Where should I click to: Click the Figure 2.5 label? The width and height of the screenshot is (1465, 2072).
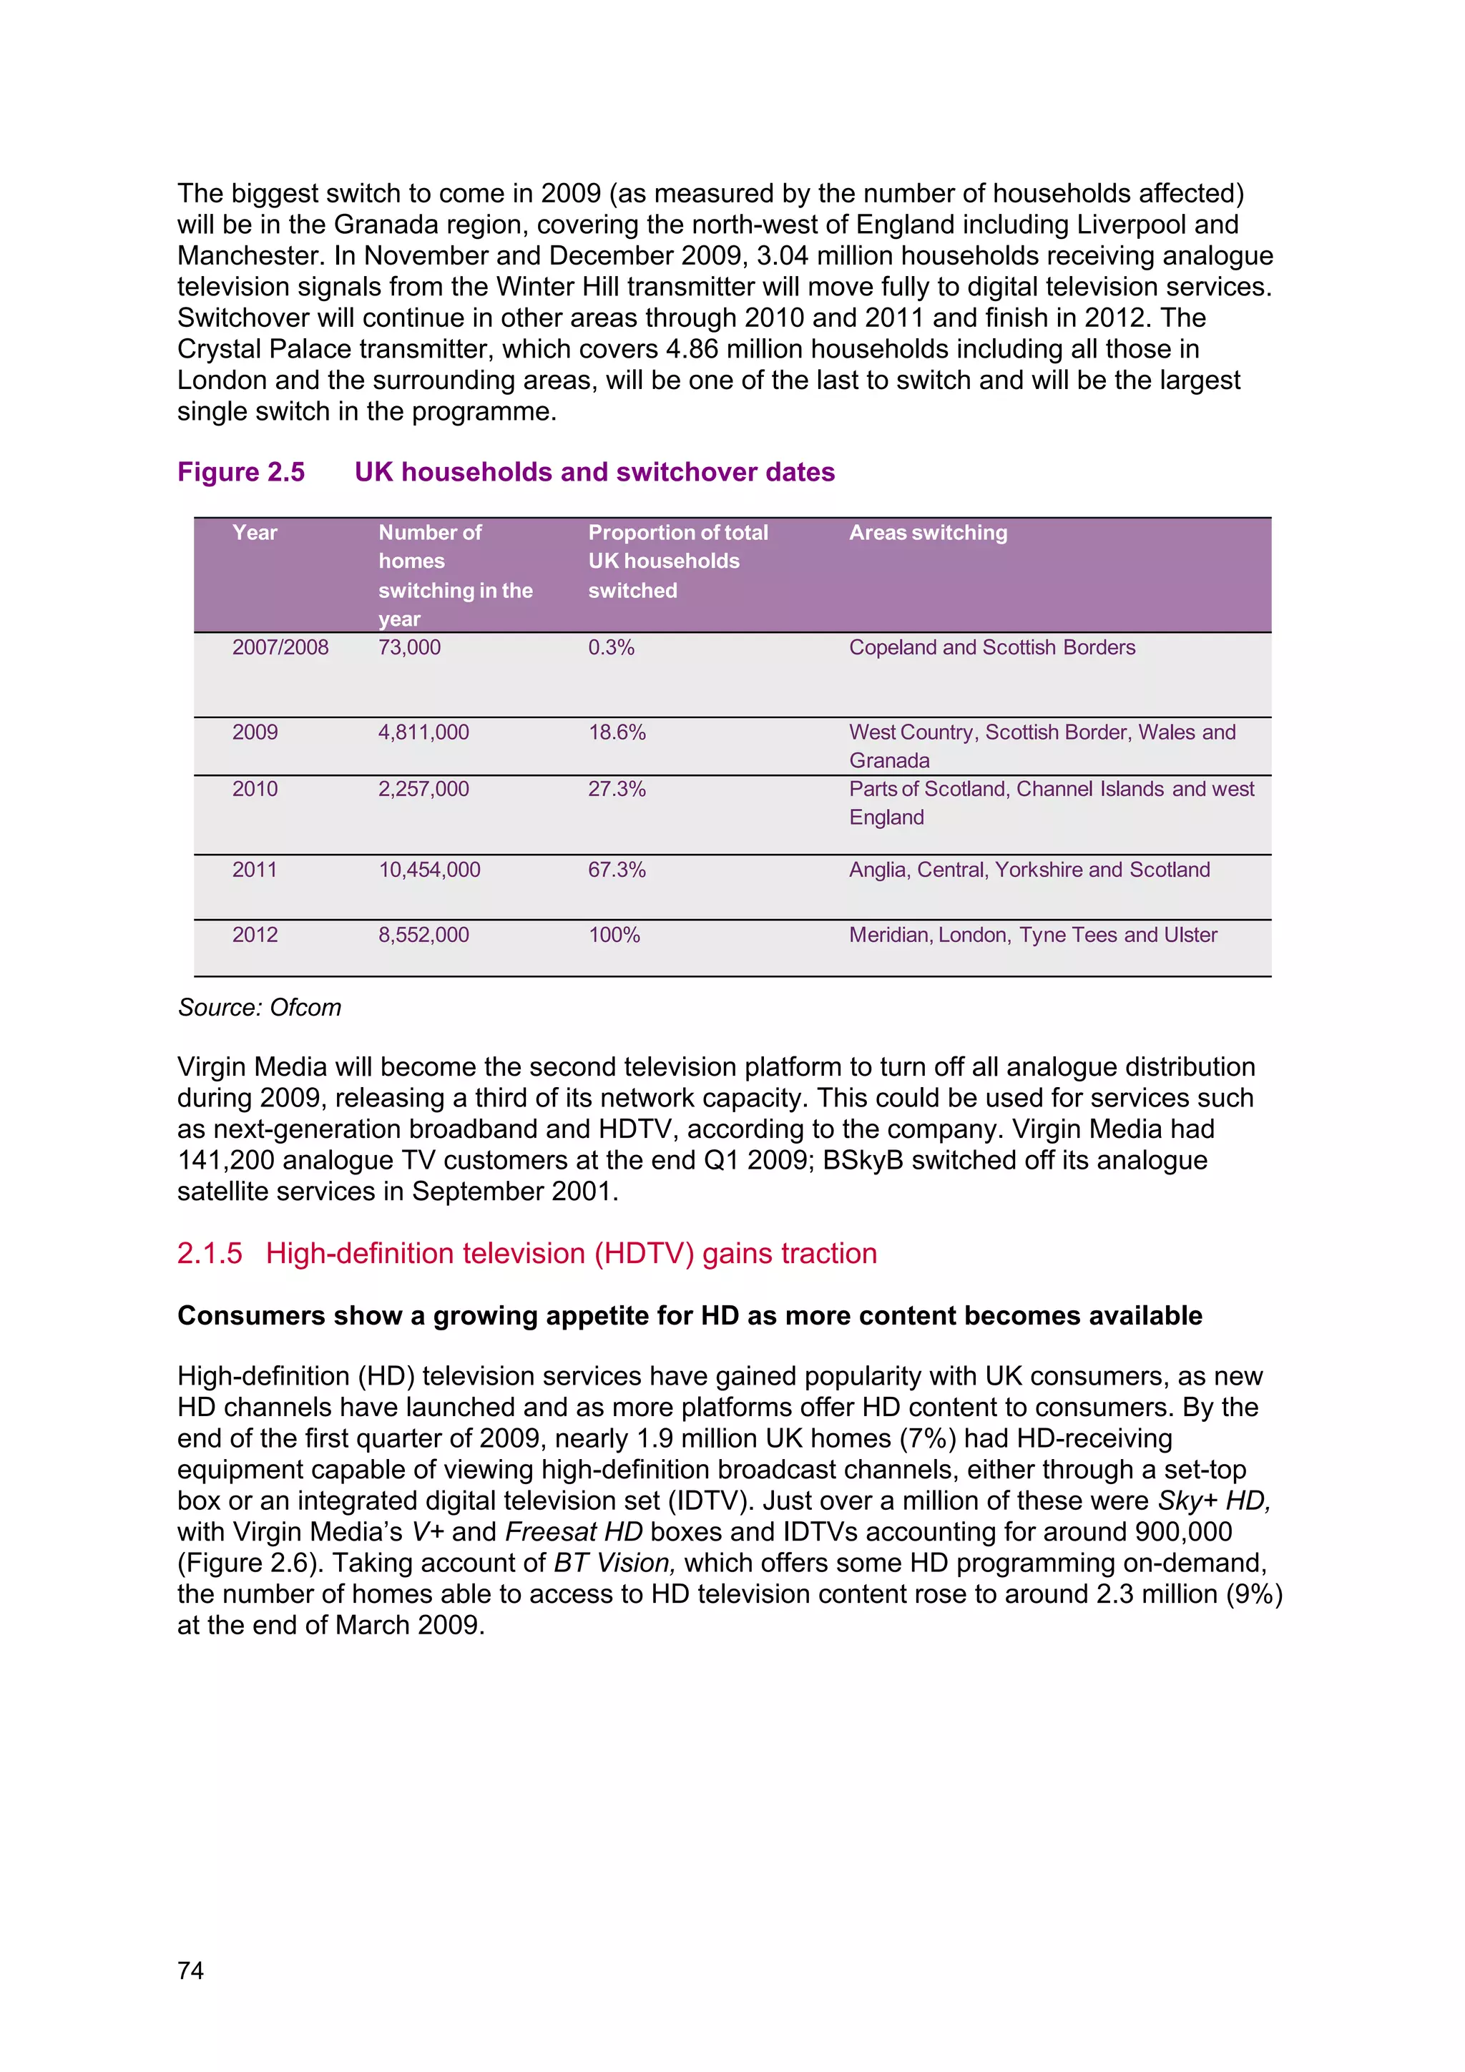point(241,472)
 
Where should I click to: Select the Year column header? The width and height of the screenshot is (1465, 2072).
point(255,532)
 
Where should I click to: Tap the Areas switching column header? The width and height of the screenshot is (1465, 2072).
point(928,532)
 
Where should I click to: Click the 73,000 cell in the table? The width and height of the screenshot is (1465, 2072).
point(409,647)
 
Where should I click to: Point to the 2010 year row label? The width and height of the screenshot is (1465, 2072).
point(255,789)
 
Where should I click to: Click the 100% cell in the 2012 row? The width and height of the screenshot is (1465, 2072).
point(614,935)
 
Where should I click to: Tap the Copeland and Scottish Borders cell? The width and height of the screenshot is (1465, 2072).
point(991,647)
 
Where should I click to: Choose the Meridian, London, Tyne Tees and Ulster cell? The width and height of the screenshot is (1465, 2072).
point(1033,935)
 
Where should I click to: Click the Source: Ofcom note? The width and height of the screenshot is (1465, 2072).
point(259,1007)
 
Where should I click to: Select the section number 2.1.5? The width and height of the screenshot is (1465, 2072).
point(210,1254)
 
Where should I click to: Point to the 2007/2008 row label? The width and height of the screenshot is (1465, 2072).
point(280,647)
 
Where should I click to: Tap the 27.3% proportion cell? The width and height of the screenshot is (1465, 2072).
point(617,789)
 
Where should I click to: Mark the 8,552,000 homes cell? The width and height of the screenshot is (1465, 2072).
point(423,935)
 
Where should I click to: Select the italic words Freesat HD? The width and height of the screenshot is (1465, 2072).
point(573,1531)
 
